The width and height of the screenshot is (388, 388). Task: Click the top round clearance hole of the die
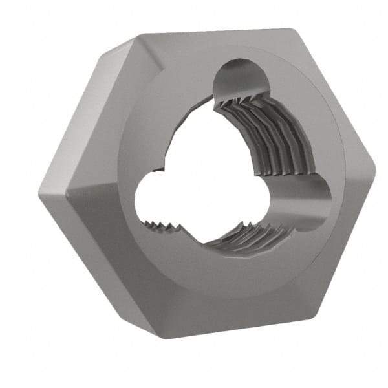pos(241,79)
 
